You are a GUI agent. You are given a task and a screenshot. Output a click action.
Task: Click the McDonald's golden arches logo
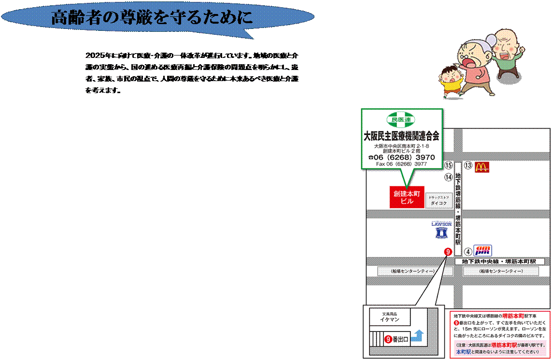tap(482, 167)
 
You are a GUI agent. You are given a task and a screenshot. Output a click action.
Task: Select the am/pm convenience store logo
tap(482, 250)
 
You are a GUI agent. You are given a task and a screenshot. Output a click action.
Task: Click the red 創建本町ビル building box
tap(407, 197)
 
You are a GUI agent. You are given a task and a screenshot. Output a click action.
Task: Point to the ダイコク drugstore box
tap(439, 201)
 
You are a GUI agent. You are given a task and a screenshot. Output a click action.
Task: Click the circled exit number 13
tap(467, 166)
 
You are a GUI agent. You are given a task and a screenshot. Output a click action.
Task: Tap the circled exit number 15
tap(449, 166)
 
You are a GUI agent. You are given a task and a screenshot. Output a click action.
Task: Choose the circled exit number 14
tap(449, 177)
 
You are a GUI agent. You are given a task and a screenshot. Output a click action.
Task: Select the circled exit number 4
tap(467, 251)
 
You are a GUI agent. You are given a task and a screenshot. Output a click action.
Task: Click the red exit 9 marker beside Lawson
tap(448, 251)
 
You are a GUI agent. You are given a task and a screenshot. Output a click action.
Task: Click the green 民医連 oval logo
tap(400, 119)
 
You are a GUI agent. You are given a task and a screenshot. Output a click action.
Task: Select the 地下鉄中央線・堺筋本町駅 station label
tap(499, 262)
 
